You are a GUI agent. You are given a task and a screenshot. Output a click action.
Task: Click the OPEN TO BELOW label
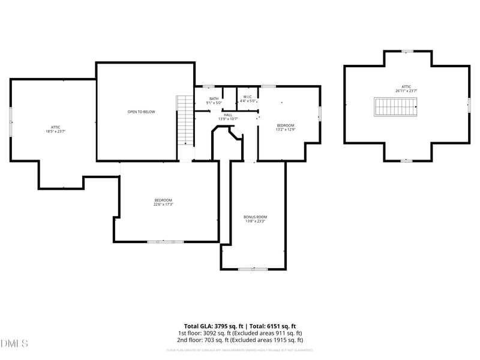coord(141,112)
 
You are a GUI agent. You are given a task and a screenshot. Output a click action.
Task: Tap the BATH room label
coord(214,99)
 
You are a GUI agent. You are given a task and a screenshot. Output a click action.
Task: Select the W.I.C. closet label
coord(248,97)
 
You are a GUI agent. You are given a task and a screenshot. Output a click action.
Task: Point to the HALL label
coord(228,115)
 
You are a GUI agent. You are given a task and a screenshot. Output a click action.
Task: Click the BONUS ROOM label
coord(255,217)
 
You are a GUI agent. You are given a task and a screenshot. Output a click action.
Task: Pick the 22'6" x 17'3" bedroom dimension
coord(163,205)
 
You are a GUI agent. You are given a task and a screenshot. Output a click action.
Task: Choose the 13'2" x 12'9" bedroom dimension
coord(285,130)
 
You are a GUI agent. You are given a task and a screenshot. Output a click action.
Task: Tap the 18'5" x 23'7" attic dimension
coord(55,131)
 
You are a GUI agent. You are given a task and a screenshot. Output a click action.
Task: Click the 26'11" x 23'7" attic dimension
coord(406,91)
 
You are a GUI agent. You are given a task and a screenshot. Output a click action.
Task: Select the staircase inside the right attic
coord(396,107)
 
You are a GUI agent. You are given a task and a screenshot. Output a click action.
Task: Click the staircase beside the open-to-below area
coord(186,120)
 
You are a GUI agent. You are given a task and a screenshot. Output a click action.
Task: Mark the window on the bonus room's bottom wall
coord(253,269)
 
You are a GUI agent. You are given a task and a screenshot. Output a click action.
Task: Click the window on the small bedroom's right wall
coord(320,113)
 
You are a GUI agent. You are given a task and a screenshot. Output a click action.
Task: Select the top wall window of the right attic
coord(407,51)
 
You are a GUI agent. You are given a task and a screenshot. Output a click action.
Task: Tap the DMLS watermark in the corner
coord(14,344)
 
